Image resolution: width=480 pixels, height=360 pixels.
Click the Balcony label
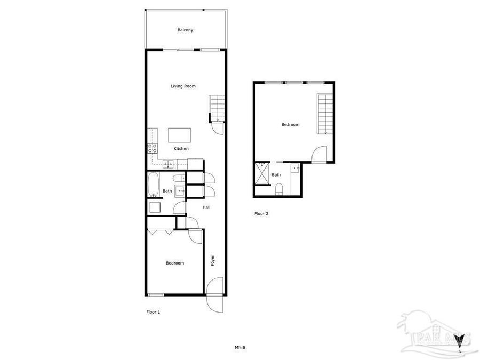[x=185, y=30]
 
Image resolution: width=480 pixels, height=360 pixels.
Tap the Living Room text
[x=183, y=86]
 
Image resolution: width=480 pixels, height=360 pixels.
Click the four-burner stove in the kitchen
[x=153, y=148]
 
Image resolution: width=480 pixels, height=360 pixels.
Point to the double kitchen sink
[x=167, y=164]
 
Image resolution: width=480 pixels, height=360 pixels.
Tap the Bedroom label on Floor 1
[x=174, y=263]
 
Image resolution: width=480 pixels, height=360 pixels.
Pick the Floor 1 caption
[x=153, y=312]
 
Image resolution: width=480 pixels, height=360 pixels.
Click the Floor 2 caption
[x=261, y=214]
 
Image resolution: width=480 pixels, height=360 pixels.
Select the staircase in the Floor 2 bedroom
[x=325, y=114]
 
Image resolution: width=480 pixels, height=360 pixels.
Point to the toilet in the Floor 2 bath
[x=279, y=188]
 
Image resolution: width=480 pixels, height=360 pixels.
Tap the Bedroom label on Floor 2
[x=290, y=125]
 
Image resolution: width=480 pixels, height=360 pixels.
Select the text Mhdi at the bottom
[x=239, y=348]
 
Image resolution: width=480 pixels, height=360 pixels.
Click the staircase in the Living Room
[x=215, y=108]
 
